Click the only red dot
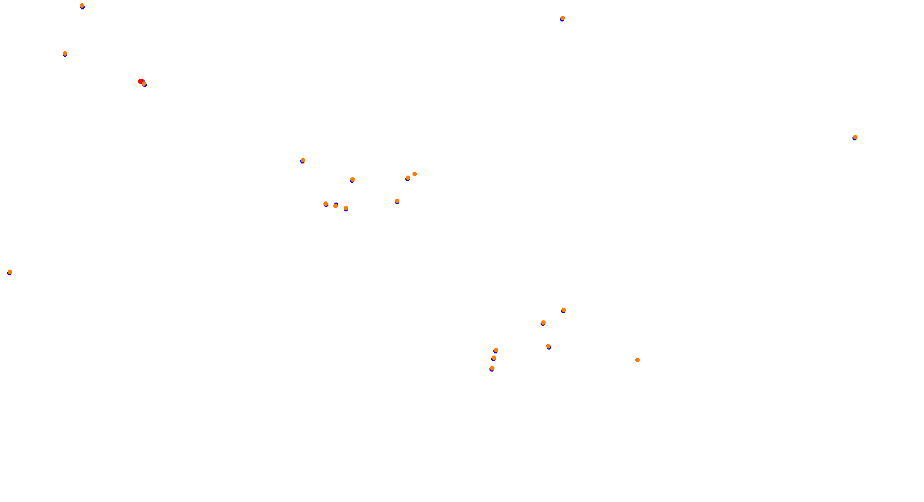tap(141, 81)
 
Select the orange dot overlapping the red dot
tap(144, 84)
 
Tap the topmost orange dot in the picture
tap(82, 6)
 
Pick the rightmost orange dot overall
tap(855, 137)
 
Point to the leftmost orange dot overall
tap(10, 272)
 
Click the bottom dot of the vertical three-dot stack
tap(492, 368)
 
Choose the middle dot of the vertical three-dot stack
tap(494, 358)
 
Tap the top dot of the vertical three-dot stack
tap(496, 350)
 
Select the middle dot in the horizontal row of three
tap(335, 206)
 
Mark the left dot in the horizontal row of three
tap(326, 204)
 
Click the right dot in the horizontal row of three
tap(346, 208)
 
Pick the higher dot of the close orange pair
tap(415, 174)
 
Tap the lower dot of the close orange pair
tap(408, 178)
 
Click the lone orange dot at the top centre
tap(563, 18)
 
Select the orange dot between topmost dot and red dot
tap(65, 53)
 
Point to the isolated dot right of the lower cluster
tap(637, 360)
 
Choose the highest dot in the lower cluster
tap(564, 310)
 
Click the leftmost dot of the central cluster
tap(303, 160)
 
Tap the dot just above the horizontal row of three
tap(353, 179)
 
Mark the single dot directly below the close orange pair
tap(397, 201)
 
